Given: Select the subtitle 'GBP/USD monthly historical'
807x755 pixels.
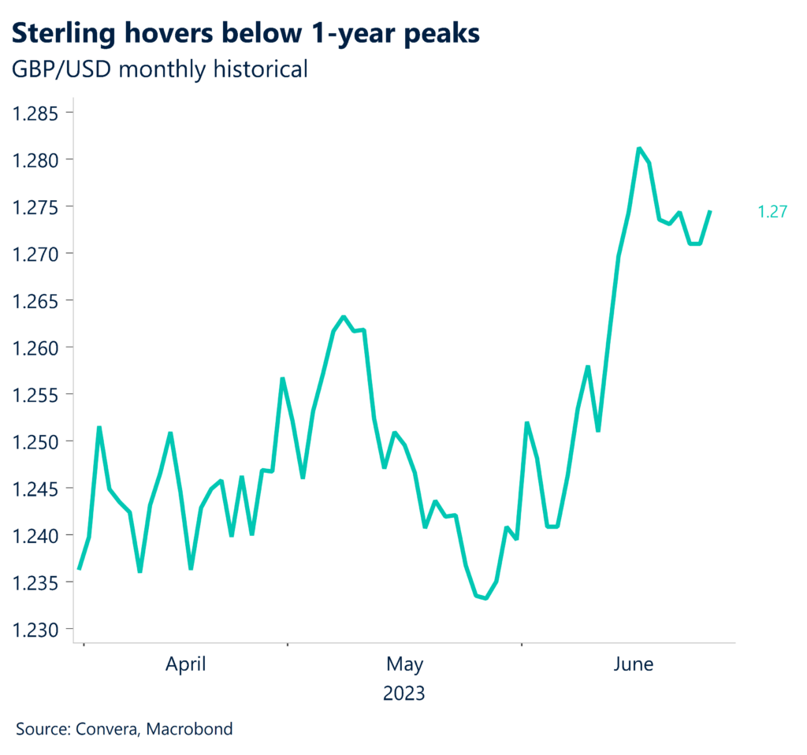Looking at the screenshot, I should [x=158, y=69].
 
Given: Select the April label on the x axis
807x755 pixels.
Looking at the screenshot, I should [x=185, y=664].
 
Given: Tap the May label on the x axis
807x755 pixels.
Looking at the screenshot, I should [x=404, y=664].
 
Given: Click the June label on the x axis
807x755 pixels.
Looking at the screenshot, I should [x=633, y=664].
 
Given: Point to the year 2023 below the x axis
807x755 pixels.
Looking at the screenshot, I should [x=404, y=694].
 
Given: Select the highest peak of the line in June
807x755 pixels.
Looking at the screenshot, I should [x=638, y=148].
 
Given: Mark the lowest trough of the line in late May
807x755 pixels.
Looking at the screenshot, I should [x=485, y=598].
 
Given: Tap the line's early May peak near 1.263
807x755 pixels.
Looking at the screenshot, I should [x=343, y=317].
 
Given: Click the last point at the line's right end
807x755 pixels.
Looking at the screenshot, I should [x=710, y=211].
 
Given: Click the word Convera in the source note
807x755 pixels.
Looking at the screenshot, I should [x=108, y=729].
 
